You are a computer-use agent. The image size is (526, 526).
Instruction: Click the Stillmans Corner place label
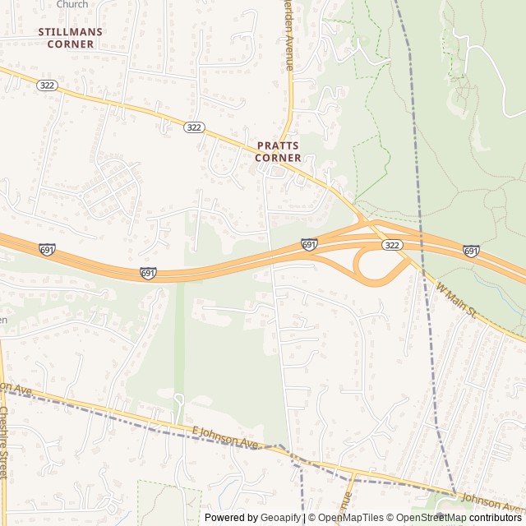pos(66,38)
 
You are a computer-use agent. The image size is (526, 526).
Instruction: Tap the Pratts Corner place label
pos(278,151)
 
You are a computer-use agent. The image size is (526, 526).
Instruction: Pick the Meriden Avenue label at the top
pos(289,37)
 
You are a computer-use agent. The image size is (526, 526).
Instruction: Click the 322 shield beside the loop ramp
pos(391,246)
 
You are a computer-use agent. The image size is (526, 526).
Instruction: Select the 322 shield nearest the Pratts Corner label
pos(194,127)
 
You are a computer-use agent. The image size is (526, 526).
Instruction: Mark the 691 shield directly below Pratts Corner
pos(309,244)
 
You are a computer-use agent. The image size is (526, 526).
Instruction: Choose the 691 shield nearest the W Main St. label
pos(471,251)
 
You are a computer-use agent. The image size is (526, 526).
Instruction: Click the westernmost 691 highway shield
pos(48,249)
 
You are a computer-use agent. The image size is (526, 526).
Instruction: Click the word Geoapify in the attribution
pos(279,518)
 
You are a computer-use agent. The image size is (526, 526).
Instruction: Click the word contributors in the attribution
pos(496,518)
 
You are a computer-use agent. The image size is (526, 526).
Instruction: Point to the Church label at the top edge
pos(72,4)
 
